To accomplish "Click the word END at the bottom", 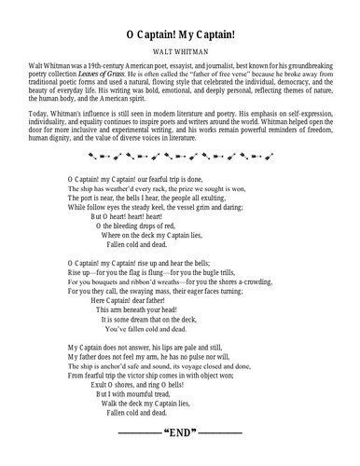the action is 180,434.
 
